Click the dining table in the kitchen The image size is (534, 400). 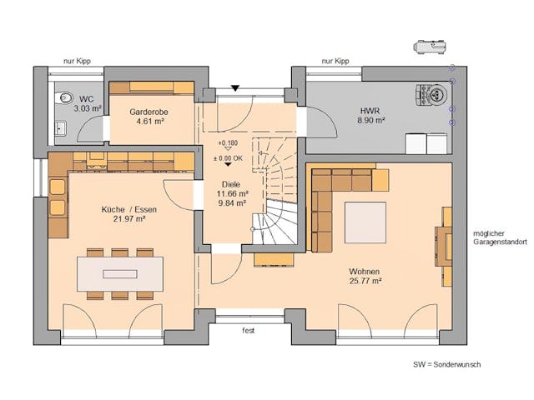[120, 272]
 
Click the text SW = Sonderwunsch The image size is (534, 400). [446, 365]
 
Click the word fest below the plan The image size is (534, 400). [248, 330]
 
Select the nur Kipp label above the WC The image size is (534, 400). [77, 62]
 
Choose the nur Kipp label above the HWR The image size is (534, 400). [335, 62]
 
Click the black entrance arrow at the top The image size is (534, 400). [236, 87]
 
